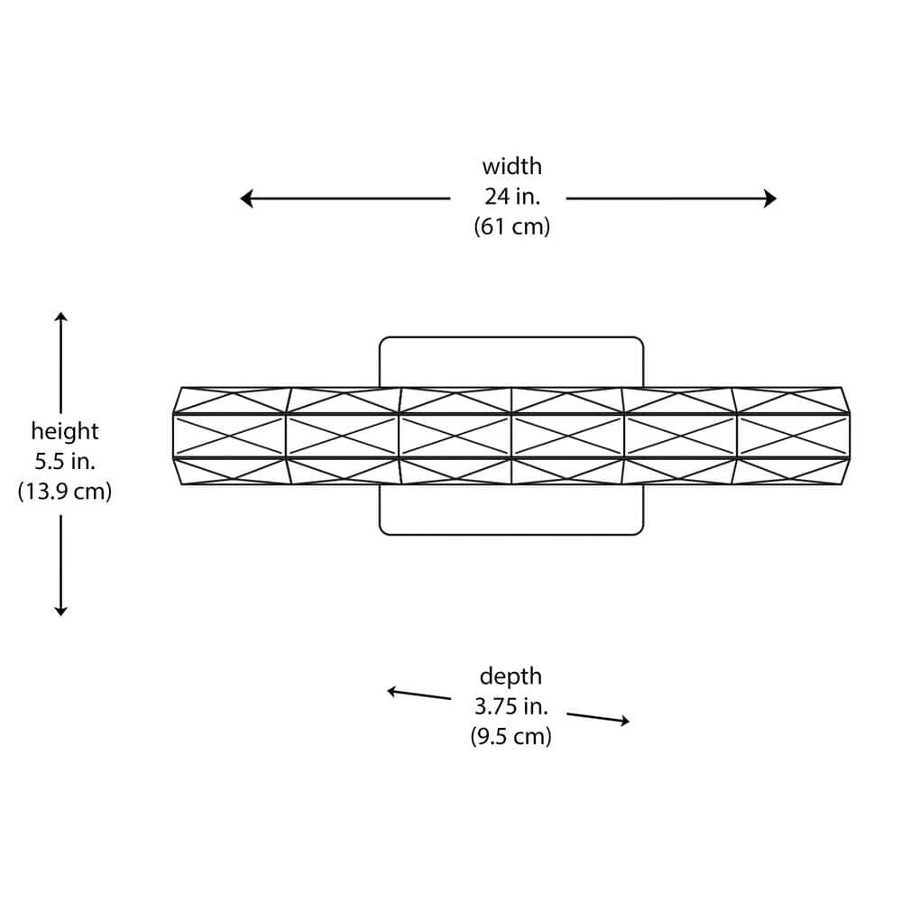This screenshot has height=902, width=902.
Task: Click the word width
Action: tap(511, 166)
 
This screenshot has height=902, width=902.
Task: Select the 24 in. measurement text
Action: tap(511, 197)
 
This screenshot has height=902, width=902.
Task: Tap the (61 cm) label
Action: tap(511, 226)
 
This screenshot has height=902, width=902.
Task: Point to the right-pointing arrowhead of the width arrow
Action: tap(770, 198)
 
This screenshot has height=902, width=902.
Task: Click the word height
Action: tap(65, 431)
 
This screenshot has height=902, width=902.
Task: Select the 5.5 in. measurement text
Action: tap(65, 462)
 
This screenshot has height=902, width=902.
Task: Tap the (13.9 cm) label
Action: tap(65, 492)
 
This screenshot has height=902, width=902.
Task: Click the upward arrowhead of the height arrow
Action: tap(60, 318)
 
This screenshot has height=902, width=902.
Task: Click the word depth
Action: tap(511, 676)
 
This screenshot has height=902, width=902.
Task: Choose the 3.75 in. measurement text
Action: tap(511, 706)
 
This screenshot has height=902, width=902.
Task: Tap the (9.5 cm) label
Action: tap(511, 736)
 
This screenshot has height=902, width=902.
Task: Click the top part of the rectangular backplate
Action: tap(511, 361)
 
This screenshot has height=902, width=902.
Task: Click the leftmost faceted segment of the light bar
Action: tap(230, 437)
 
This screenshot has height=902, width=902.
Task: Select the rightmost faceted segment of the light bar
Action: tap(793, 437)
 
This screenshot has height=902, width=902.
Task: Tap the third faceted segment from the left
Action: tap(455, 437)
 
